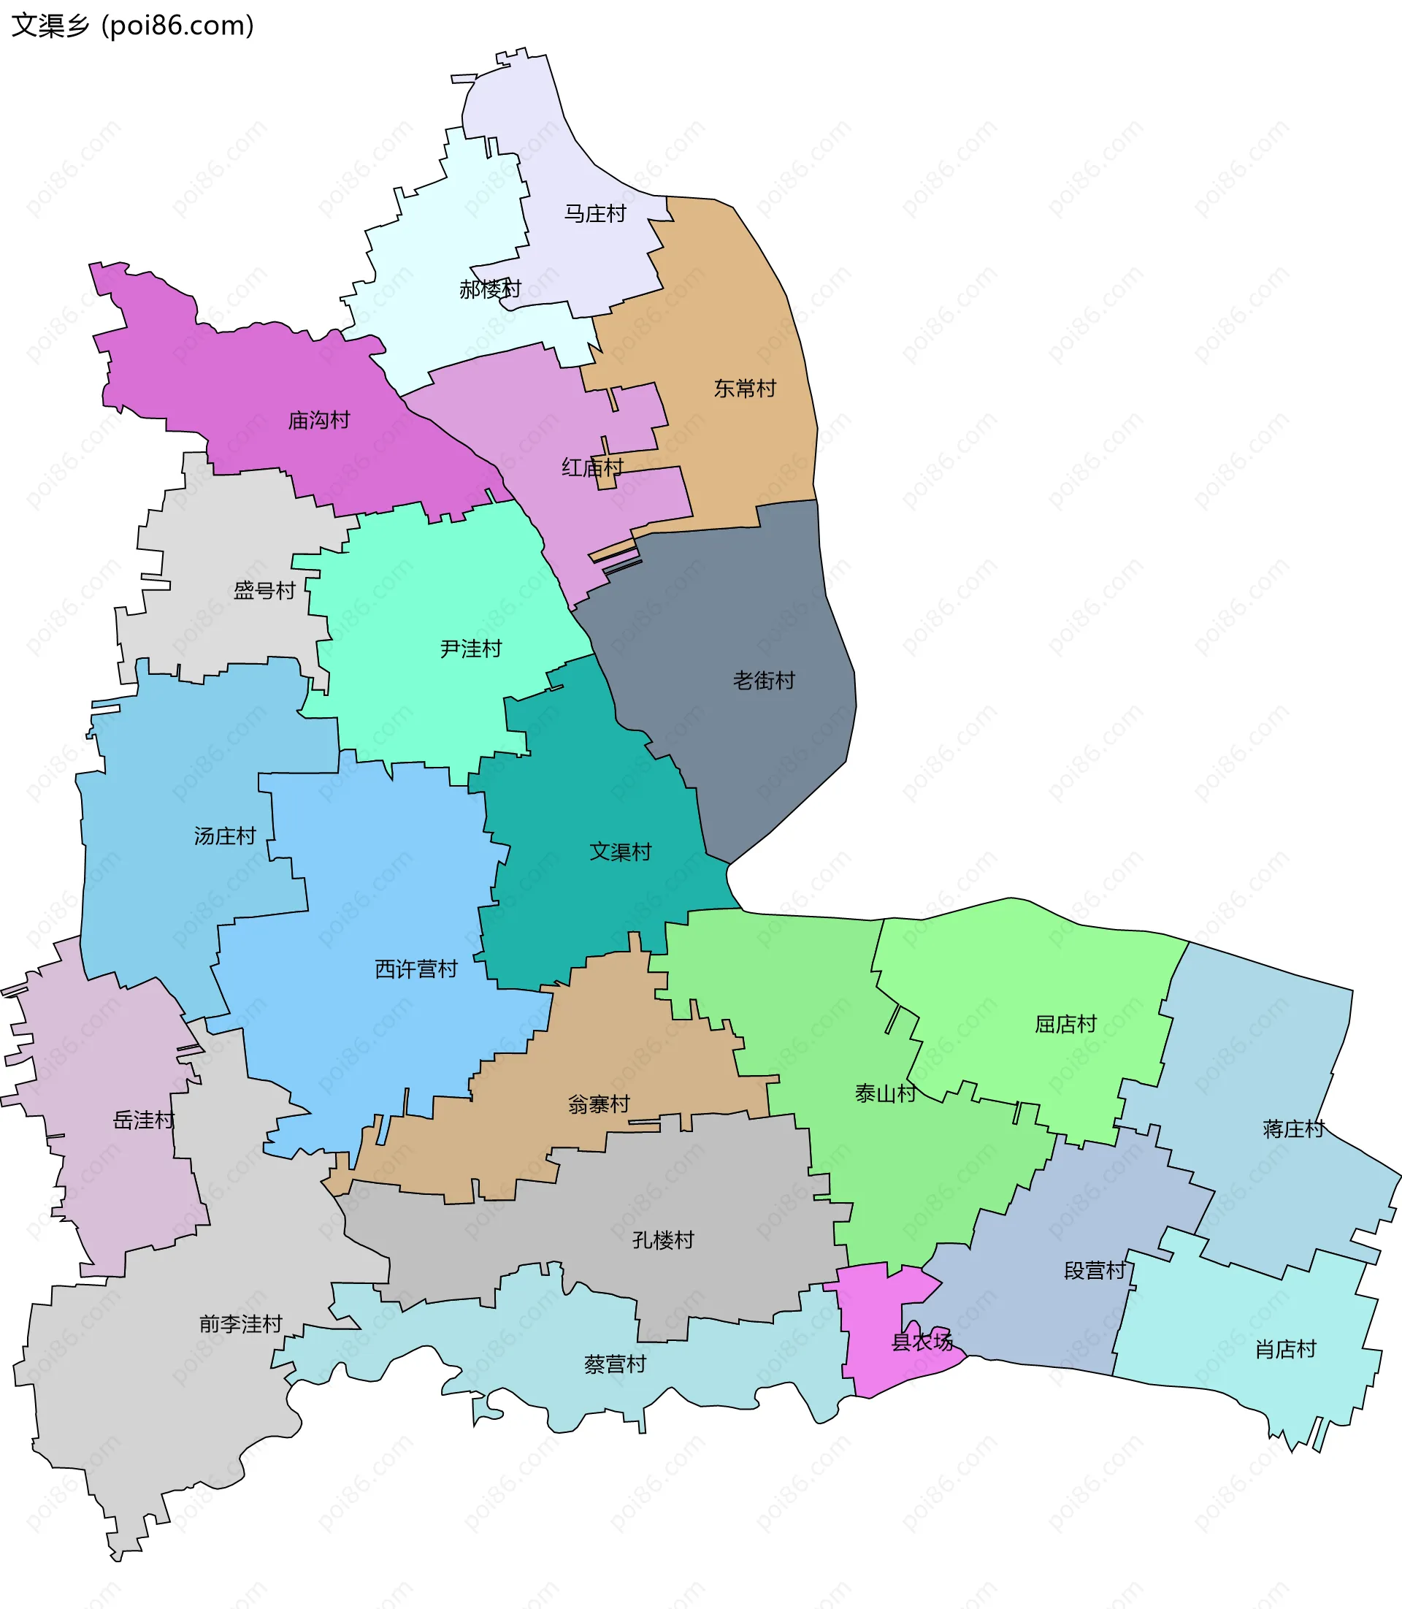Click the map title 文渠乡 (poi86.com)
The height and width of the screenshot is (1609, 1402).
pos(133,26)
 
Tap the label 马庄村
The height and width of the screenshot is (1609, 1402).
pos(595,214)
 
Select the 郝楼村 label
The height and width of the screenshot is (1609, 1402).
pos(490,289)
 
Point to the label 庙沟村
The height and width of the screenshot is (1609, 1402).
pos(318,420)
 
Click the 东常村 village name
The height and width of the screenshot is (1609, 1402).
pos(745,388)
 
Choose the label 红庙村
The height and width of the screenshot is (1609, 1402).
pos(592,468)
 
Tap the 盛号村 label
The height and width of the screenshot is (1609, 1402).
pos(264,591)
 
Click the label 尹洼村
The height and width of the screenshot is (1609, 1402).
pos(470,649)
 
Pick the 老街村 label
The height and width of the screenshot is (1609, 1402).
pos(764,681)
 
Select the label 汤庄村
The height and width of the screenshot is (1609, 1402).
pos(226,836)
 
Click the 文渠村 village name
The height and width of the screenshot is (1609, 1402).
pos(621,852)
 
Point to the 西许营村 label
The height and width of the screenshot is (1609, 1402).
pos(416,969)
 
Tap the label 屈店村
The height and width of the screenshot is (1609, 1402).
pos(1065,1024)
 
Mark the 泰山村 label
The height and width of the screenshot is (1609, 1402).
pos(885,1093)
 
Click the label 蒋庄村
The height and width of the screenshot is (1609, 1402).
pos(1293,1128)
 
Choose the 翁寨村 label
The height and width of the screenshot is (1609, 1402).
pos(599,1104)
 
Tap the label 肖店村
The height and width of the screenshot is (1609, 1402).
pos(1285,1349)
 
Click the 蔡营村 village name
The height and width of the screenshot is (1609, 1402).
pos(615,1364)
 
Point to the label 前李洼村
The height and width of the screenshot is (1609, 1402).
pos(241,1324)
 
